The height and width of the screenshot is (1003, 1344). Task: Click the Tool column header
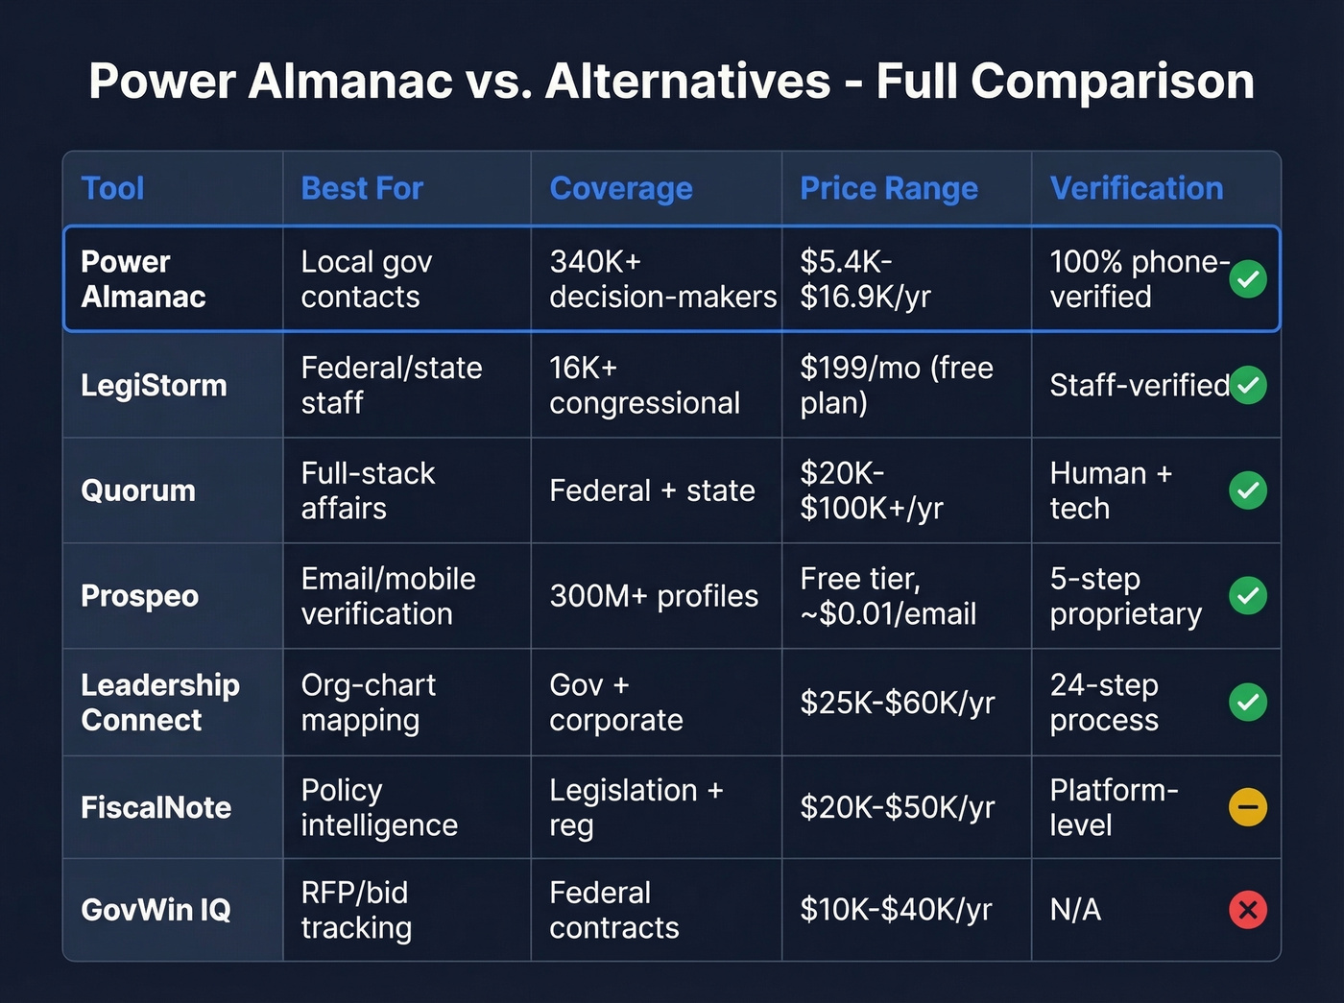pos(112,188)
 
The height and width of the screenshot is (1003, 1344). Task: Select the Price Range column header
pos(889,188)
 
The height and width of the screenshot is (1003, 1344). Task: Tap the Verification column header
pos(1137,188)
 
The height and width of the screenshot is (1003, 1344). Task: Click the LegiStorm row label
pos(154,385)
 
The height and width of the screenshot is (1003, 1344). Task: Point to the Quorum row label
pos(138,490)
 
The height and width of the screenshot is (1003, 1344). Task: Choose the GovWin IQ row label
pos(156,909)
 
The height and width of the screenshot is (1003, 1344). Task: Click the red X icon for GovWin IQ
pos(1248,909)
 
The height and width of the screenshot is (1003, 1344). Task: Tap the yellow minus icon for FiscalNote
pos(1248,807)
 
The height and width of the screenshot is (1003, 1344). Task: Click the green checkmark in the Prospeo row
pos(1248,596)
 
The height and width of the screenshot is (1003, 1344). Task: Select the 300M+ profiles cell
pos(654,596)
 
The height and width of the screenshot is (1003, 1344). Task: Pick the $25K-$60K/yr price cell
pos(898,703)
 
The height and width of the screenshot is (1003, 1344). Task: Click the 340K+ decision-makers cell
pos(662,279)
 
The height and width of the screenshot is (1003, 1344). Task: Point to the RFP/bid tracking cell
pos(356,910)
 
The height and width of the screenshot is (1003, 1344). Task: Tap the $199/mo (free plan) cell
pos(897,385)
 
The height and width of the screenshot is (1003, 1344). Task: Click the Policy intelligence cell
pos(379,807)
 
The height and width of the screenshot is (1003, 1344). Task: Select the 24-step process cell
pos(1104,703)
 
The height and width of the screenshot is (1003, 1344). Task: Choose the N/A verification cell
pos(1075,909)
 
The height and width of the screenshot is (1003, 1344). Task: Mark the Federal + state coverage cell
pos(652,490)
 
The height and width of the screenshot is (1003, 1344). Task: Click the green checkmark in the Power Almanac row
pos(1248,279)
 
